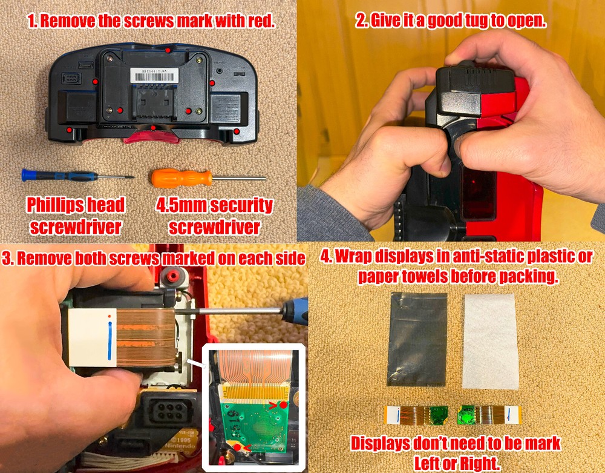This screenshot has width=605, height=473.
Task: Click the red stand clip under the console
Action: pos(151,134)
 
